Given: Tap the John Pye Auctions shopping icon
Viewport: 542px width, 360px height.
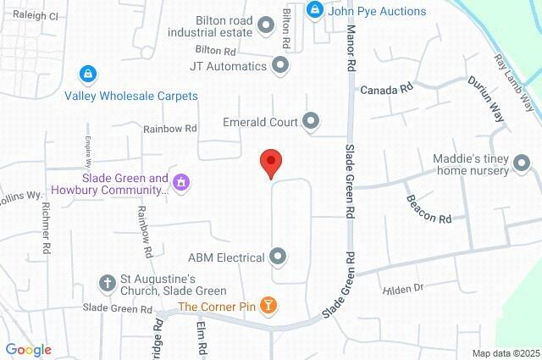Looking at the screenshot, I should pos(315,11).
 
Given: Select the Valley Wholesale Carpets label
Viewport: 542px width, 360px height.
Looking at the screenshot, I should pos(131,96).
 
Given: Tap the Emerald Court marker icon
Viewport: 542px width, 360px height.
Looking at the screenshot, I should pos(311,122).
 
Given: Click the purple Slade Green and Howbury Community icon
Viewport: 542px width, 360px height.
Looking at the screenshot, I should pos(180,181).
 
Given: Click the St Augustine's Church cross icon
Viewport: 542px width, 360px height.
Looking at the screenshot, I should pos(107,283).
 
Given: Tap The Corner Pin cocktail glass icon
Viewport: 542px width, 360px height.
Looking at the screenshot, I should pos(268,305).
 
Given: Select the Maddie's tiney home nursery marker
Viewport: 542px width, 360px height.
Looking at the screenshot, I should pos(524,169).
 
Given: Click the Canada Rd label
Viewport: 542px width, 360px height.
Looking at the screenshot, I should pos(387,88).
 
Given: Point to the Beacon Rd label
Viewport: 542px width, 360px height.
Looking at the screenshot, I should pos(429,208).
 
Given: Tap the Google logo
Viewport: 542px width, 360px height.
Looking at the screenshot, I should pos(28,350).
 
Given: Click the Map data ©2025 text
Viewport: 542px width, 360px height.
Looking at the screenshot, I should pos(505,353).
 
